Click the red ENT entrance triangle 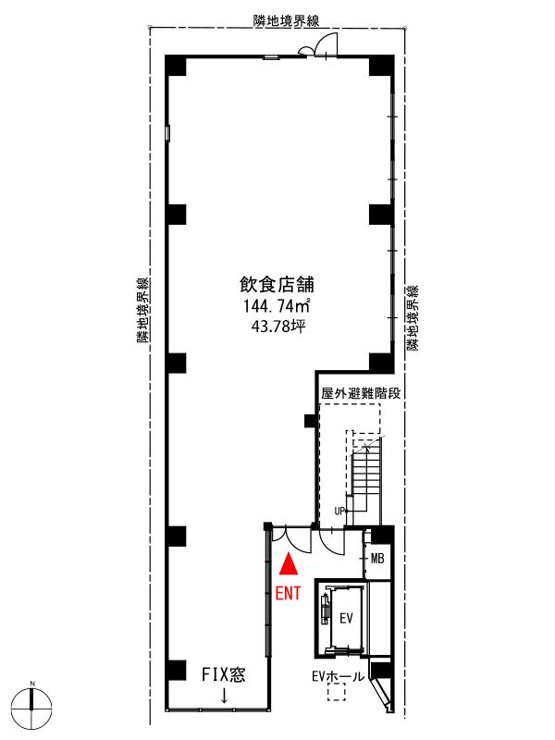click(289, 564)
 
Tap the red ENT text click(288, 593)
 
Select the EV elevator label click(346, 618)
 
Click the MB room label click(377, 559)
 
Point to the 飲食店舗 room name click(277, 285)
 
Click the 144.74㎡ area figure click(277, 306)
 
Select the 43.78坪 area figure click(278, 327)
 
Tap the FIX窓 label click(223, 675)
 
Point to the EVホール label click(338, 676)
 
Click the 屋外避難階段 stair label click(361, 393)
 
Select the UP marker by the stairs click(339, 512)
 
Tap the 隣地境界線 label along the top click(287, 20)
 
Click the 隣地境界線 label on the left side click(143, 310)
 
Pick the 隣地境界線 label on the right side click(412, 317)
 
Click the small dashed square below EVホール click(337, 693)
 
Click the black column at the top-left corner click(176, 66)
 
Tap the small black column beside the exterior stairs click(310, 421)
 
